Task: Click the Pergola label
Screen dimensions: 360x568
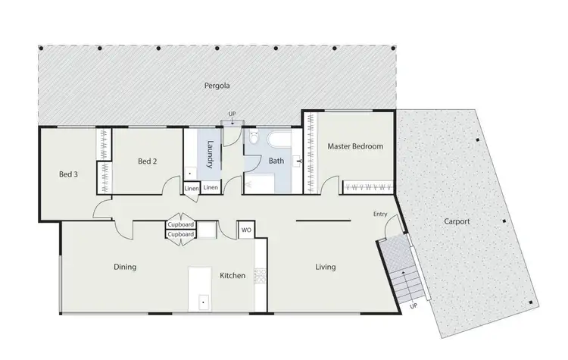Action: (x=217, y=85)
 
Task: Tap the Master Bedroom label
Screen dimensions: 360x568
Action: (x=355, y=146)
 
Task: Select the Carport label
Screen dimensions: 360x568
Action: (x=457, y=222)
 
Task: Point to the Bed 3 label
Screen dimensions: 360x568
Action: (x=70, y=174)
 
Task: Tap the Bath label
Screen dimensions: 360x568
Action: (x=276, y=161)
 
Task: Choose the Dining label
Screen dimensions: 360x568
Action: (x=125, y=267)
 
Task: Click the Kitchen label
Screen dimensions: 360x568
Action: (x=233, y=276)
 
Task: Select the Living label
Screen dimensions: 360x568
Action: (x=325, y=267)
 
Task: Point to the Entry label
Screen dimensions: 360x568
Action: (x=380, y=214)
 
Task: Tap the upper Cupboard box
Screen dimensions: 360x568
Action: (x=181, y=225)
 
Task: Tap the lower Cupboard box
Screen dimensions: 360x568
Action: (x=181, y=234)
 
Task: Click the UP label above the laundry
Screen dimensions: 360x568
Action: (x=233, y=114)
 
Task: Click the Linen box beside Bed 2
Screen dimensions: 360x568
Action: (x=192, y=187)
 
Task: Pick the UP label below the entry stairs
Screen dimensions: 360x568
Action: (x=413, y=307)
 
